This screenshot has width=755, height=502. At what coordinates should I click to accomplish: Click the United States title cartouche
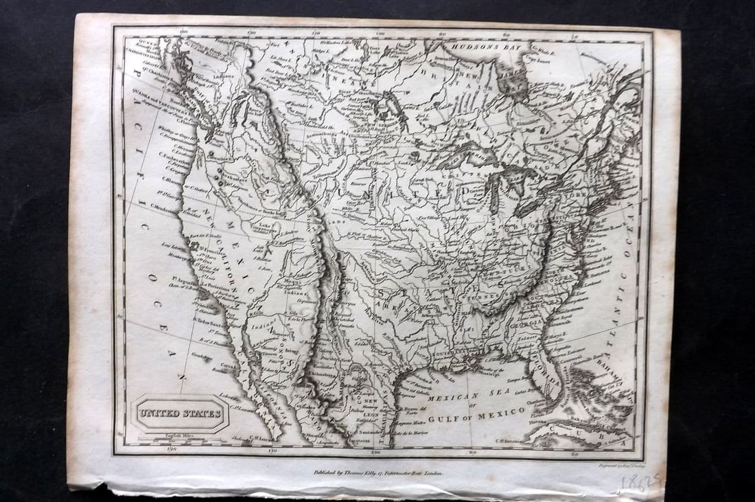point(180,413)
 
